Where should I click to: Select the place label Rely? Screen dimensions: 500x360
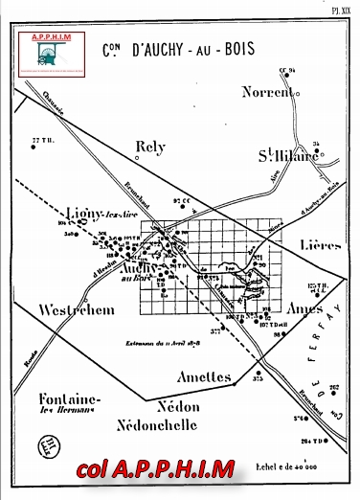[x=150, y=148]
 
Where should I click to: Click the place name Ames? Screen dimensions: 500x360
[x=306, y=310]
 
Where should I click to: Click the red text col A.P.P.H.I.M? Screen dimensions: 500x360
[x=158, y=469]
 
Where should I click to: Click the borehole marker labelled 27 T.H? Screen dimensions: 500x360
[x=41, y=142]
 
